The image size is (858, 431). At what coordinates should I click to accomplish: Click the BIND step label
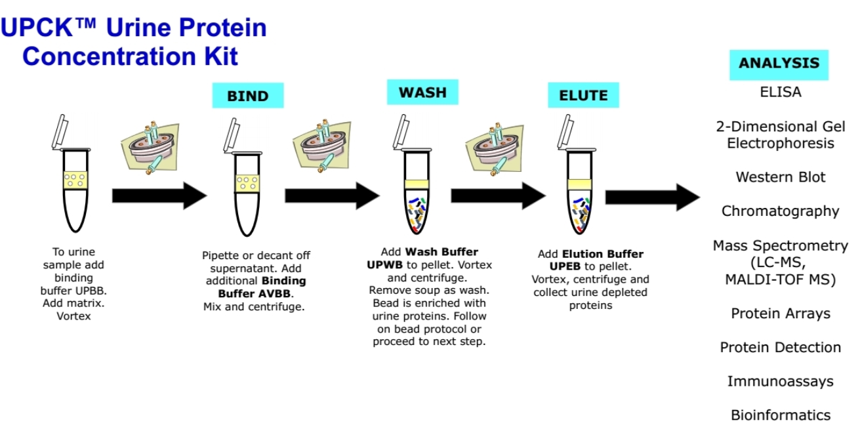[x=247, y=96]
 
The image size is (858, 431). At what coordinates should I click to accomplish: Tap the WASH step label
[x=422, y=92]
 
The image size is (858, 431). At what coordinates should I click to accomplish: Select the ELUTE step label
[x=583, y=96]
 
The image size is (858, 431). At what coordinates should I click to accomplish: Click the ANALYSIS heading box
[x=779, y=64]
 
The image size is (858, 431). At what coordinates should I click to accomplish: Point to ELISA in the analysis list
[x=780, y=92]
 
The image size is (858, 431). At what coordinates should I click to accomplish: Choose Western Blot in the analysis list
[x=780, y=177]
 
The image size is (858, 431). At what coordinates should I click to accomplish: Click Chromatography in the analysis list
[x=780, y=211]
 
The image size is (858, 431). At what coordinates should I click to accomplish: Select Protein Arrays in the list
[x=780, y=314]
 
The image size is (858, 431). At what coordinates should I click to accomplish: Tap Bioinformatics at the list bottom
[x=780, y=415]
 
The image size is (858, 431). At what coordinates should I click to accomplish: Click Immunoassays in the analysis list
[x=780, y=381]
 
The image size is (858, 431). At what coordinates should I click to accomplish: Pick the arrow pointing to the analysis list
[x=652, y=197]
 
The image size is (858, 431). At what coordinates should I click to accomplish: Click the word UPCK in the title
[x=39, y=28]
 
